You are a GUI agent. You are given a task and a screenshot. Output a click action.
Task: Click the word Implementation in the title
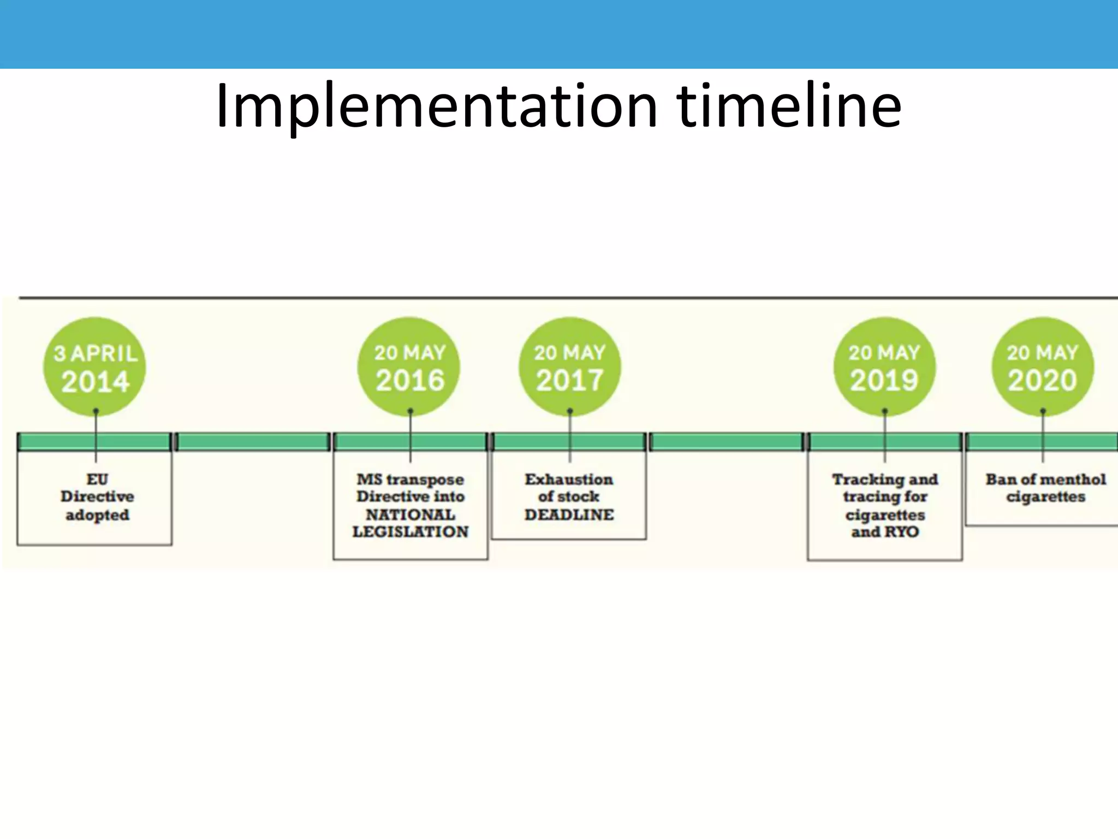[x=437, y=107]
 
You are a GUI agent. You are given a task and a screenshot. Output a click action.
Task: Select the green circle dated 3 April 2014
[x=95, y=367]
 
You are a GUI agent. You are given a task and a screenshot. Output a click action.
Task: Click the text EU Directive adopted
[x=97, y=497]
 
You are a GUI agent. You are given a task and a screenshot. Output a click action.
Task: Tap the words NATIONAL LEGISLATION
[x=411, y=523]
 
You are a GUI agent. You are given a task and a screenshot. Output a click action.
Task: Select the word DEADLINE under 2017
[x=569, y=515]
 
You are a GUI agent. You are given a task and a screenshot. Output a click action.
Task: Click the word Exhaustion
[x=569, y=480]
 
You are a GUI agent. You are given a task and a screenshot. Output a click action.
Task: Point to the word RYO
[x=902, y=532]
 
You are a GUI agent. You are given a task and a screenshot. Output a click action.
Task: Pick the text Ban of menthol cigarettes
[x=1045, y=488]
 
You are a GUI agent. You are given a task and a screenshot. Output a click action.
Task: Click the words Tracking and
[x=885, y=480]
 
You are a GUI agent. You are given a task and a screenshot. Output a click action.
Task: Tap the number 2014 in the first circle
[x=96, y=381]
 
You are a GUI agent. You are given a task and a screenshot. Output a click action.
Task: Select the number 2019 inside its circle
[x=884, y=381]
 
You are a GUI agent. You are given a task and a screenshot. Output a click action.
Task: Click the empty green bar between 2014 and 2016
[x=253, y=442]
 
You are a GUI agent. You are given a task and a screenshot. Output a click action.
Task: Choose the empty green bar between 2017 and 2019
[x=727, y=442]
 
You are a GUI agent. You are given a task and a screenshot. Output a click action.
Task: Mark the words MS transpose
[x=411, y=480]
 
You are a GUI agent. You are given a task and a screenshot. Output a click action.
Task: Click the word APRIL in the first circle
[x=104, y=354]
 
